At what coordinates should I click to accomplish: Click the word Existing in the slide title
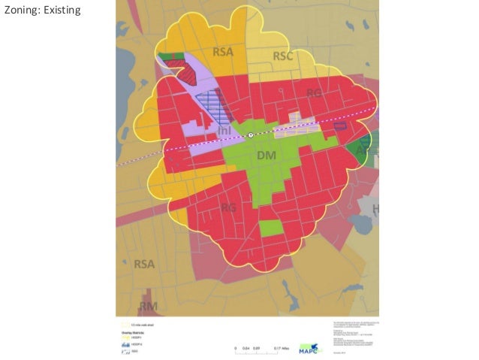pos(59,11)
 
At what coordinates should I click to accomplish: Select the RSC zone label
pos(283,56)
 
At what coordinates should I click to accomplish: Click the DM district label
pos(267,156)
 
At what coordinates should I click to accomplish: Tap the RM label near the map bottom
pos(149,306)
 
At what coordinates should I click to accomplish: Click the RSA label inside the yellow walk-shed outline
pos(223,52)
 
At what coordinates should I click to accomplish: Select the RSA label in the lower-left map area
pos(145,264)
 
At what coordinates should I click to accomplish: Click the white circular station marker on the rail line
pos(252,135)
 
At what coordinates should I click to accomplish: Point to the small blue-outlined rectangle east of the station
pos(340,126)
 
